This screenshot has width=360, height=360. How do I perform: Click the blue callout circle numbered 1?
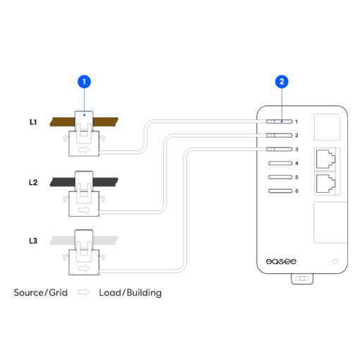84,82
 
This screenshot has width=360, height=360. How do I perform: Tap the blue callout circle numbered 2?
282,82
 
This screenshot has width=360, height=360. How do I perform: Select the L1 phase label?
33,122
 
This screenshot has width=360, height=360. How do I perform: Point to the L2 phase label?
33,182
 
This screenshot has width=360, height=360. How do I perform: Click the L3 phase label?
33,241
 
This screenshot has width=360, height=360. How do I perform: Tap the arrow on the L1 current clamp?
84,150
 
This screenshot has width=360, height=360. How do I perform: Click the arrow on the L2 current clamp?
84,210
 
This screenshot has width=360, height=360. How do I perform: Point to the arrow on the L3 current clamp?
84,268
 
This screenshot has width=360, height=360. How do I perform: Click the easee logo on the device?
281,261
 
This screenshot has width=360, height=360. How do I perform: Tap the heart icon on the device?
335,262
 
